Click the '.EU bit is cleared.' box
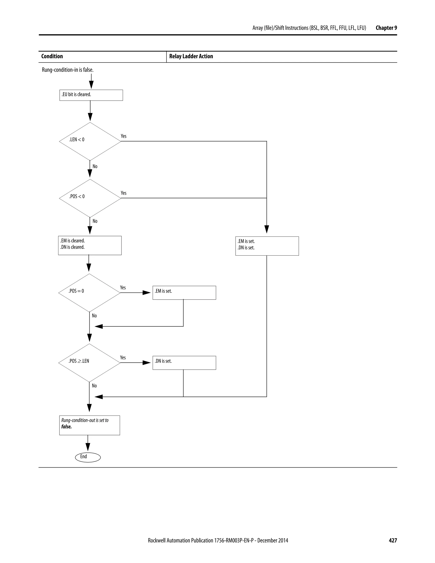coord(91,95)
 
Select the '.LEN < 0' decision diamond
coord(90,141)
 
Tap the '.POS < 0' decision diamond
coord(90,198)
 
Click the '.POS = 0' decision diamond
coord(89,293)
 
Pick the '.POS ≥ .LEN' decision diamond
coord(89,363)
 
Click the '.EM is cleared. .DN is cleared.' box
coord(90,245)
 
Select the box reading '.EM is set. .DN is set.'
coord(267,246)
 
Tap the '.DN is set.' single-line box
coord(184,363)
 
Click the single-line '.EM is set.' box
coord(184,293)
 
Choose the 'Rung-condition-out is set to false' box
coord(89,425)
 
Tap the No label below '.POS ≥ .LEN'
coord(94,386)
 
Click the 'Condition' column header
coord(52,56)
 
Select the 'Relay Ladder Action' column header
coord(191,56)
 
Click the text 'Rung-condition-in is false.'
coord(68,70)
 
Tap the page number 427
coord(393,540)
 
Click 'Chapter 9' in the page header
coord(386,28)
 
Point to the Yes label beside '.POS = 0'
coord(123,287)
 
